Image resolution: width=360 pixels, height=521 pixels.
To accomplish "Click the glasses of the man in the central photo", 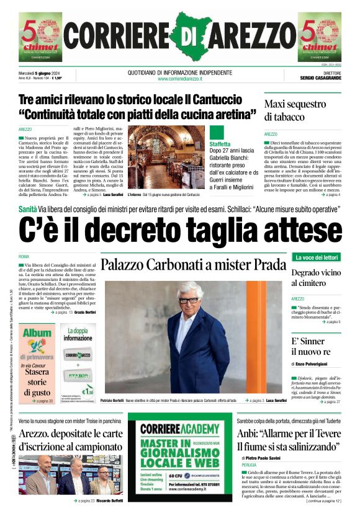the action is [x=188, y=300].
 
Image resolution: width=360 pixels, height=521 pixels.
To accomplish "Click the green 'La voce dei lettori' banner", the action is [x=317, y=257].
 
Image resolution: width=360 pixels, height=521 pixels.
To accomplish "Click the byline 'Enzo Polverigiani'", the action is [x=319, y=362].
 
